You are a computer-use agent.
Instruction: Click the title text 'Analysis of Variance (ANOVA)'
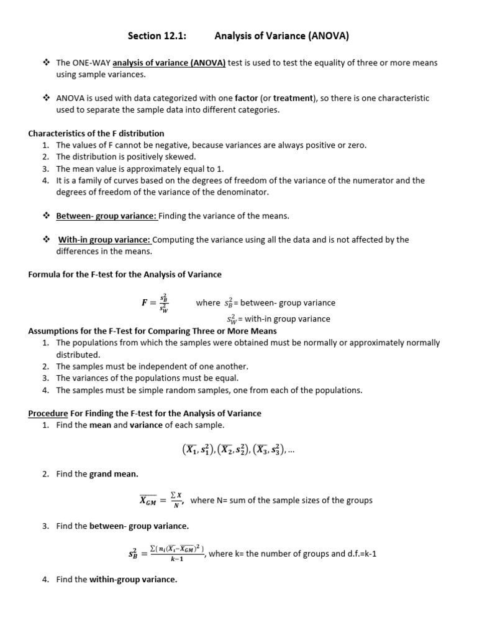[x=281, y=37]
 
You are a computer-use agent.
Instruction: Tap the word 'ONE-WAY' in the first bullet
[x=91, y=63]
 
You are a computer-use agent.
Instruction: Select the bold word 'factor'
[x=246, y=98]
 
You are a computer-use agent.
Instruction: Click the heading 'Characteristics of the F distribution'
[x=96, y=133]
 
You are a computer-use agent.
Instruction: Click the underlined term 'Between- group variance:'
[x=107, y=216]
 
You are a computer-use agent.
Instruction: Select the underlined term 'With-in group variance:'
[x=104, y=239]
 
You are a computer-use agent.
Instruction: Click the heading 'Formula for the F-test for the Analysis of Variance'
[x=125, y=274]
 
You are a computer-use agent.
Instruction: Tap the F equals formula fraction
[x=156, y=303]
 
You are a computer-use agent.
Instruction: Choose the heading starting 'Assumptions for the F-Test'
[x=153, y=331]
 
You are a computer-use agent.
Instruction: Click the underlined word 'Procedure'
[x=48, y=413]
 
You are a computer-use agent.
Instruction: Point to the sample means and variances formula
[x=238, y=449]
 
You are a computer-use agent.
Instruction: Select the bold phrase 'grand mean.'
[x=114, y=474]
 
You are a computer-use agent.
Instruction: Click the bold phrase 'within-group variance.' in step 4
[x=133, y=579]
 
